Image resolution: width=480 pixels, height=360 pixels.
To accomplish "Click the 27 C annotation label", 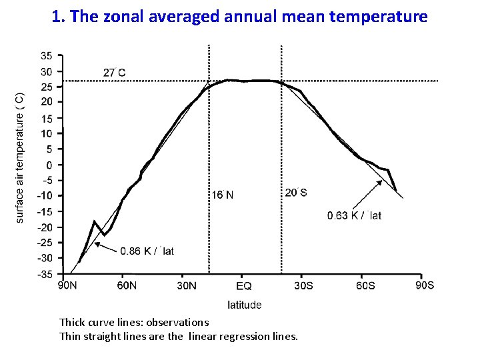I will (x=115, y=72).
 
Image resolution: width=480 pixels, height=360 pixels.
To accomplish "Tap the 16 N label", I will (x=223, y=195).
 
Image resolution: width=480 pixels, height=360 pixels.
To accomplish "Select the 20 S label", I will (x=296, y=193).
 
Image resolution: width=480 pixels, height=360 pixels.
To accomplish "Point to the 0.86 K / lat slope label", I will (x=147, y=251).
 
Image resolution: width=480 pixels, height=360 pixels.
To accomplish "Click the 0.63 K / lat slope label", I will (x=354, y=215).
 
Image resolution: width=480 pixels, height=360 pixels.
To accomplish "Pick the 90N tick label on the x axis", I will (x=67, y=286).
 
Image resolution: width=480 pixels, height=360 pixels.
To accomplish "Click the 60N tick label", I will (x=126, y=286).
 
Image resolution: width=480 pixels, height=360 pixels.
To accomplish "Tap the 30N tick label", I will (x=185, y=286).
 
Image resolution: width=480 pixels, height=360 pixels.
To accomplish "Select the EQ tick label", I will (x=244, y=286).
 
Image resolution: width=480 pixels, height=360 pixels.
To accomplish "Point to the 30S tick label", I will (x=304, y=286).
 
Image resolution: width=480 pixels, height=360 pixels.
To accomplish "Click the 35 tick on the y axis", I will (x=47, y=56).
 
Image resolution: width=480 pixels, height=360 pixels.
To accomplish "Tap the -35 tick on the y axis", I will (x=45, y=274).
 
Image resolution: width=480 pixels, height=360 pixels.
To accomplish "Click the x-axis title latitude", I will (x=245, y=305).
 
